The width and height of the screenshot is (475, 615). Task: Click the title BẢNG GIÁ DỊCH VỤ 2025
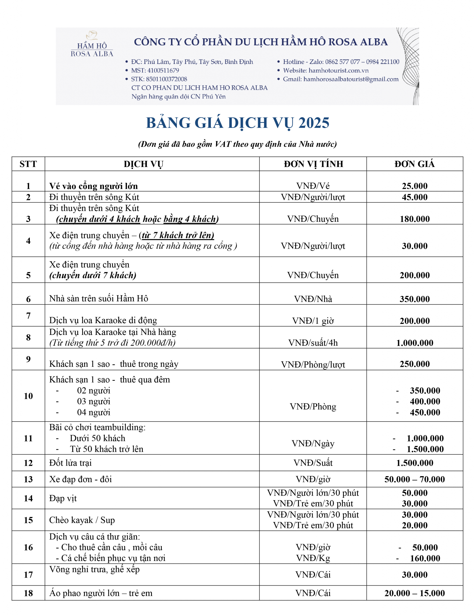pos(237,123)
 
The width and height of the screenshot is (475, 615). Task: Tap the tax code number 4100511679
pos(163,70)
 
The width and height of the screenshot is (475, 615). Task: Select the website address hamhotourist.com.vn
pos(338,70)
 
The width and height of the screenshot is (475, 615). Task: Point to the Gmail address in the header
pos(351,79)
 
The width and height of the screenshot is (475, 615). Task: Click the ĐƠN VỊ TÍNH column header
pos(313,164)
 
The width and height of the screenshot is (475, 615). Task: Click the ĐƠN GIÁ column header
pos(414,164)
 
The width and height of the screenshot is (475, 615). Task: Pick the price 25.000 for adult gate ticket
pos(414,186)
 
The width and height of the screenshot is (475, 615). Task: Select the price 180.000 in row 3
pos(414,219)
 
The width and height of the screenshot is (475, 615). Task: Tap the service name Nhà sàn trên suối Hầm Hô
pos(98,298)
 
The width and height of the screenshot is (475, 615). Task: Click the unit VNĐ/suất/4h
pos(313,343)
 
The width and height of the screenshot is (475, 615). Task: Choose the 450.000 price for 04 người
pos(425,412)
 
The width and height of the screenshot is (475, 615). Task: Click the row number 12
pos(28,463)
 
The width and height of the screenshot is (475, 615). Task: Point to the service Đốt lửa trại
pos(70,463)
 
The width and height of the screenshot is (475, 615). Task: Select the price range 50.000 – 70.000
pos(414,479)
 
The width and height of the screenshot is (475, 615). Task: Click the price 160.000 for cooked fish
pos(425,558)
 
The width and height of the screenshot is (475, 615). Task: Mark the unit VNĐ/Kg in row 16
pos(313,558)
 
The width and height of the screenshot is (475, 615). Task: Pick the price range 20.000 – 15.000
pos(414,593)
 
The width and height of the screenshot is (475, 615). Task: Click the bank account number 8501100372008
pos(166,79)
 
